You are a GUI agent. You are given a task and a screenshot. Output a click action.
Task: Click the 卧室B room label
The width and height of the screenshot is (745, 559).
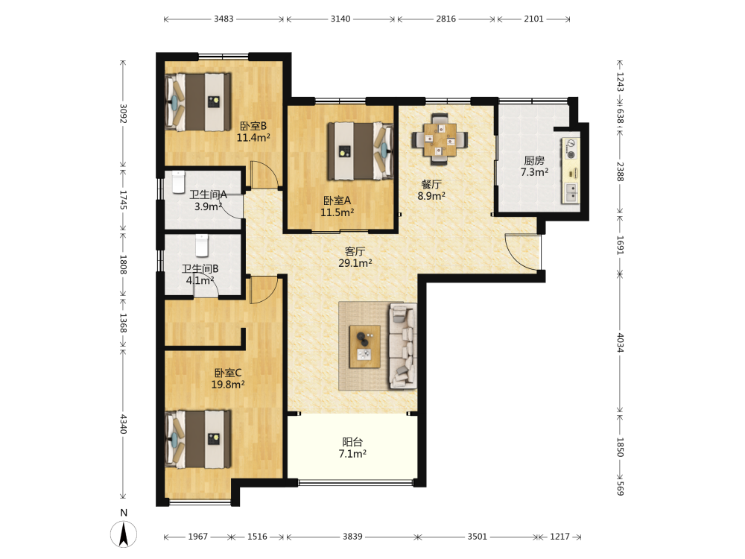pos(253,126)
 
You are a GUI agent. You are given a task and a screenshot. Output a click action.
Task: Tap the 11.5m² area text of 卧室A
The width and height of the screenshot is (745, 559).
pos(337,212)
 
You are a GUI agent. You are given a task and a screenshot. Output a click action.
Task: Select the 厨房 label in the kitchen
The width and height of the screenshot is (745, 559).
pos(534,161)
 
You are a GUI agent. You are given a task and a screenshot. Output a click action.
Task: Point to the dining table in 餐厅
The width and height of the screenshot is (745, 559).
pos(440,139)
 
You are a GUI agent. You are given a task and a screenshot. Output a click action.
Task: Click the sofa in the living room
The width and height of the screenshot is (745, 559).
pos(403,346)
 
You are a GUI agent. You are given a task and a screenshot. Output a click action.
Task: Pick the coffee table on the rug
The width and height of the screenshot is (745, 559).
pos(364,347)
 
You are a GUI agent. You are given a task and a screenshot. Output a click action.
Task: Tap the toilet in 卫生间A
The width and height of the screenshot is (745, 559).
pos(178,182)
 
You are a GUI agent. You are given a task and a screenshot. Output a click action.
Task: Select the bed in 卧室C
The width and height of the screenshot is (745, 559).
pos(198,439)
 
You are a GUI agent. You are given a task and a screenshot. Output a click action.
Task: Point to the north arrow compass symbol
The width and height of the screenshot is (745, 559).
pos(124,534)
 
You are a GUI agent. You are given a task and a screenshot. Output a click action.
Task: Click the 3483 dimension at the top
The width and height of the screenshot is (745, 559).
pos(223,19)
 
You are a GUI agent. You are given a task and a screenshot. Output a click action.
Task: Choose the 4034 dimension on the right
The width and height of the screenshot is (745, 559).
pos(620,342)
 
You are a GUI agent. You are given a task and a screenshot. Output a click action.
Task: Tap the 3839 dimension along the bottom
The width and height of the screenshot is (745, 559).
pos(352,537)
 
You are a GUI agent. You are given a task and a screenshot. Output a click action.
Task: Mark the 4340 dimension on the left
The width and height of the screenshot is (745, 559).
pos(123,424)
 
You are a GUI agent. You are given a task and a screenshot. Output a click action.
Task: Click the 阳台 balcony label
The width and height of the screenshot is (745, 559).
pos(352,442)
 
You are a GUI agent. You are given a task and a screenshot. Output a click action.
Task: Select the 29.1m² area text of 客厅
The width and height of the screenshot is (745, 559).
pos(355,263)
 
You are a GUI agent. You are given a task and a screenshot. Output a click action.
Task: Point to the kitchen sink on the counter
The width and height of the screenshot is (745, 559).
pos(571,192)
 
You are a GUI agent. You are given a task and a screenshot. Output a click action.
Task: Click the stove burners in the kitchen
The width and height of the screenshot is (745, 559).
pos(571,149)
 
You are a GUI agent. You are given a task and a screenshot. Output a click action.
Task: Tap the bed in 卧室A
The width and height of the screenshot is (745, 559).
pos(361,151)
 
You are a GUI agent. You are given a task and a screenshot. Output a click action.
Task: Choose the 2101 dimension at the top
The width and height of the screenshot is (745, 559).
pos(533,19)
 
